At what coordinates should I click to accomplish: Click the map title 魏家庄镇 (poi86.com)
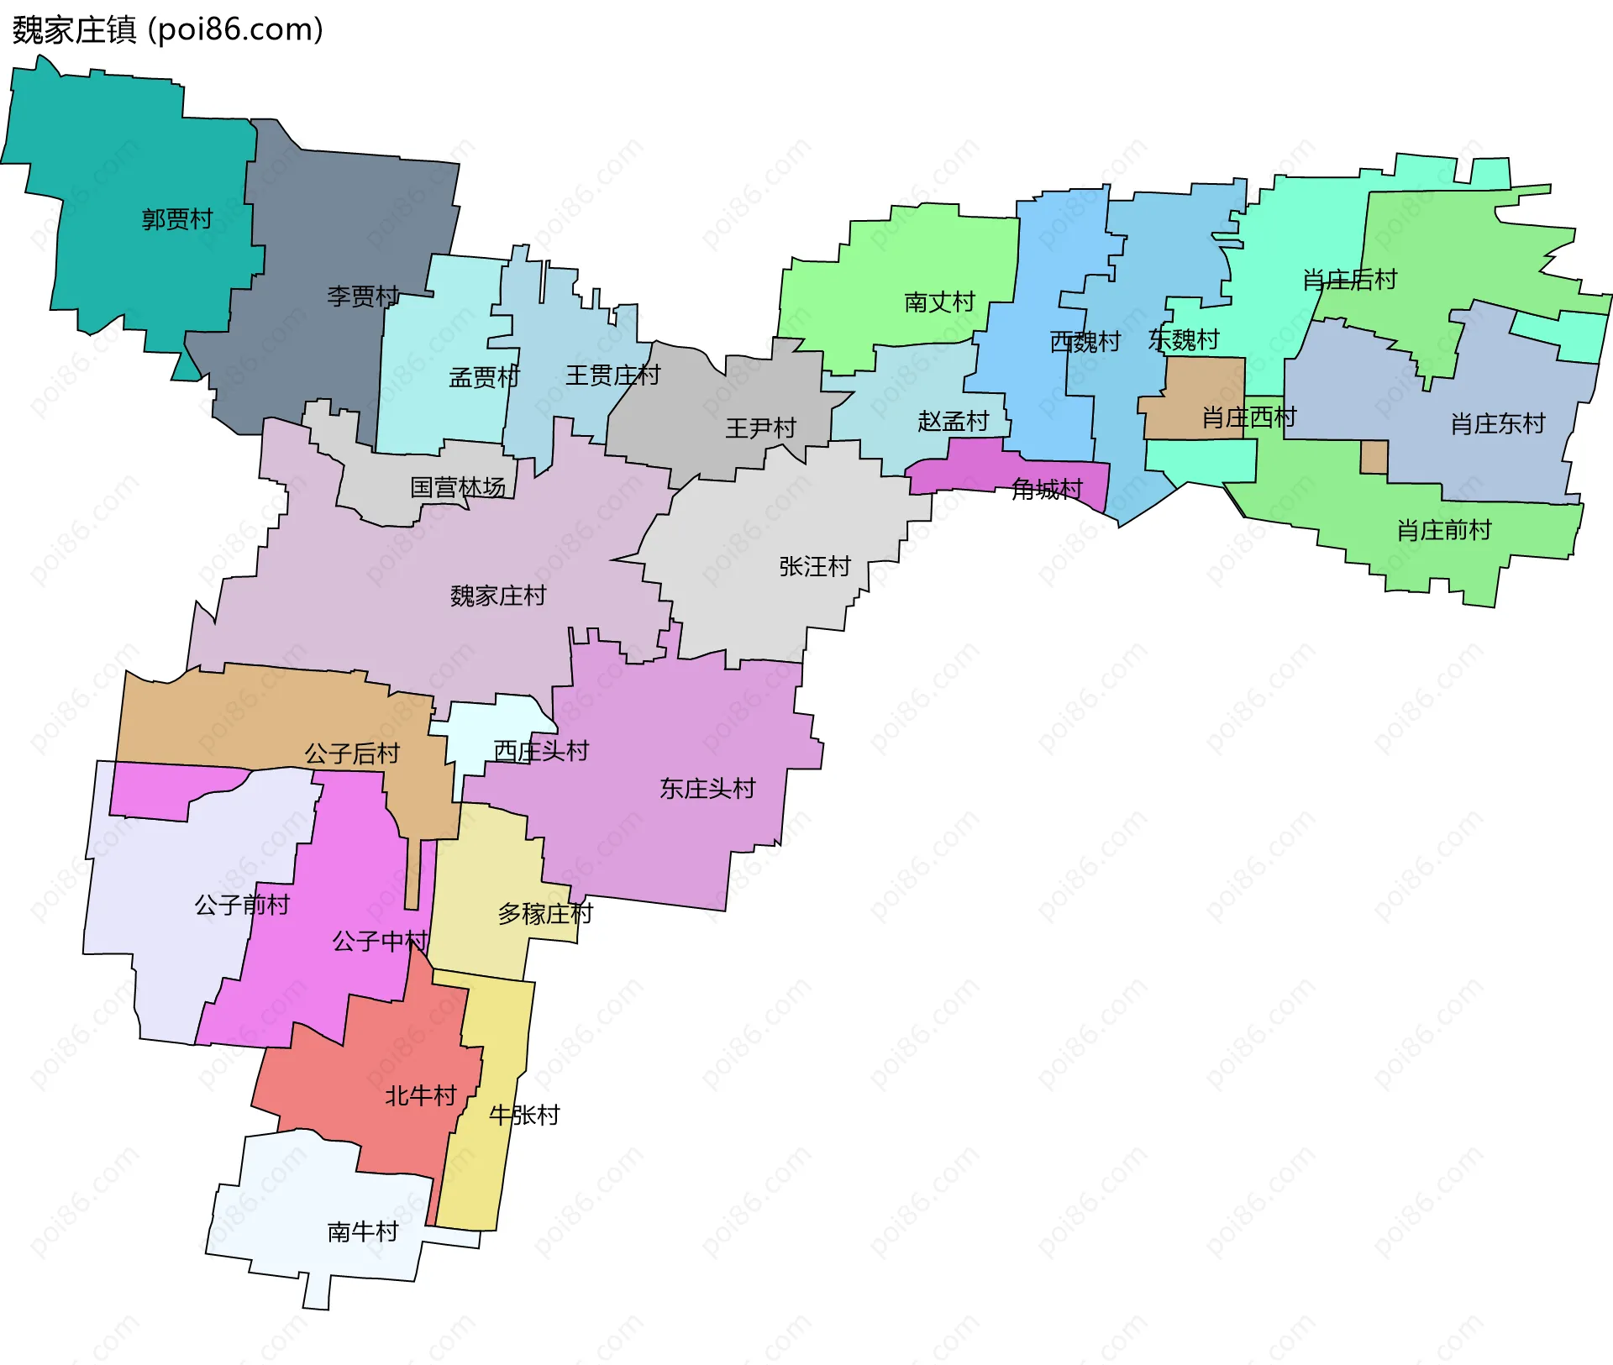(168, 30)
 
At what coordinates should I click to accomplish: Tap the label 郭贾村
(177, 220)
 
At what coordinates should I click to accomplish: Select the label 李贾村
(363, 297)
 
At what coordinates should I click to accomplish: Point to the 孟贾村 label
(484, 378)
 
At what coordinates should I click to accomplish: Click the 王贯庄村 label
(612, 375)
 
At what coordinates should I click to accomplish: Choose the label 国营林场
(458, 488)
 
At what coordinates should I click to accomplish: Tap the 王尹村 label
(760, 428)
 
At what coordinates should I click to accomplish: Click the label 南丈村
(939, 302)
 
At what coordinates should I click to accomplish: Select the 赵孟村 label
(953, 422)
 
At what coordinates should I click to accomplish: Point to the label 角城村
(1047, 490)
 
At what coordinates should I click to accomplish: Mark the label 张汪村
(815, 567)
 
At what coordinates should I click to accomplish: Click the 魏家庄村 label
(498, 596)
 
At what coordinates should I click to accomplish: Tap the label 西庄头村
(541, 752)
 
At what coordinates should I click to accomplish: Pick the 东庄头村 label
(707, 789)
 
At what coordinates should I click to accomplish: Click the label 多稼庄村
(545, 914)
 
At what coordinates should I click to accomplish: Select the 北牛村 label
(420, 1096)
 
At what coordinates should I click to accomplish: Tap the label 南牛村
(362, 1232)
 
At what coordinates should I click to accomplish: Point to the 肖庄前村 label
(1443, 531)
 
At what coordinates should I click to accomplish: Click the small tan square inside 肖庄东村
(1374, 458)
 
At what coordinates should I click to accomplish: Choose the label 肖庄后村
(1349, 281)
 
